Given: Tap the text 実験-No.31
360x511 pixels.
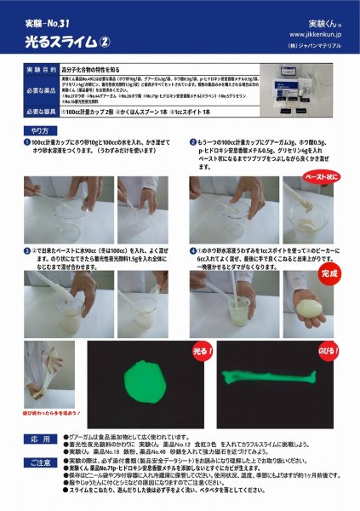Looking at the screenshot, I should (x=46, y=20).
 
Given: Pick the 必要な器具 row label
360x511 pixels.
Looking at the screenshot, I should (x=39, y=112).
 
